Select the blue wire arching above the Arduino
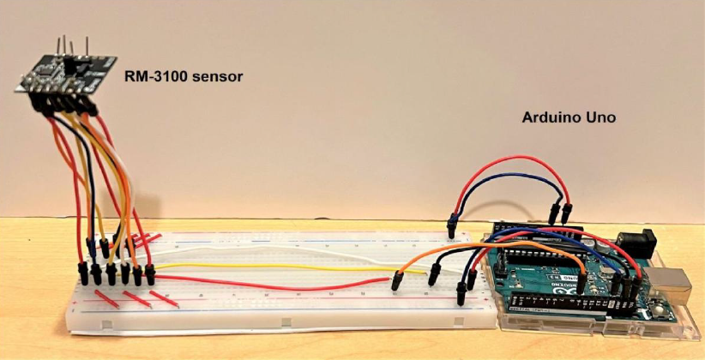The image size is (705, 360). coord(506,177)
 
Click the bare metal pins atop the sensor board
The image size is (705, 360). coord(73,44)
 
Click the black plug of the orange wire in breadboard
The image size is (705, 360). coord(397,281)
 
